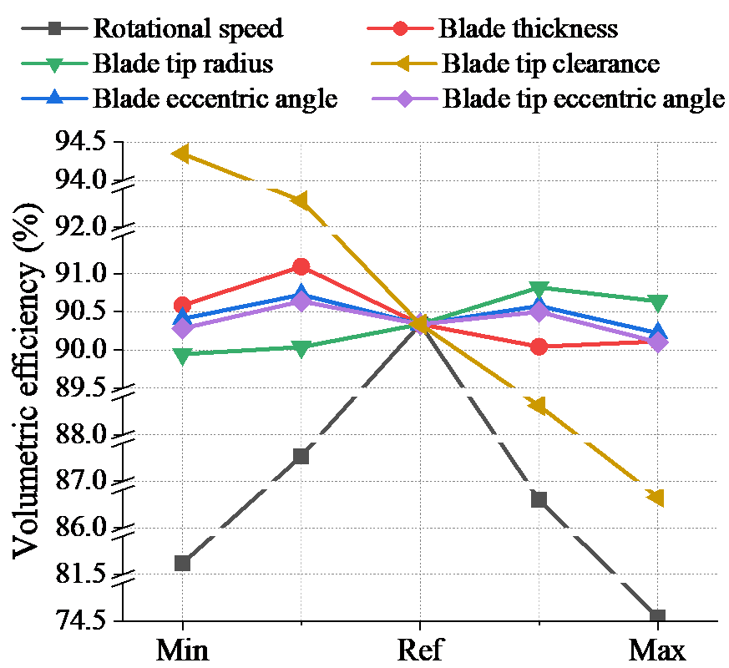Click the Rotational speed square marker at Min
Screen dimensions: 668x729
coord(182,563)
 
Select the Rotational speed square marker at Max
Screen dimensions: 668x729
coord(657,617)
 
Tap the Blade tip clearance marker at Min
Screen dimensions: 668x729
coord(181,154)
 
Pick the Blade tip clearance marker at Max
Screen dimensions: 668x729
coord(656,498)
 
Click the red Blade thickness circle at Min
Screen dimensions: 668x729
coord(182,306)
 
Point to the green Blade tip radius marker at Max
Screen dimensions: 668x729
coord(657,302)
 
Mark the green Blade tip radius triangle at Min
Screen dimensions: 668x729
coord(182,356)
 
